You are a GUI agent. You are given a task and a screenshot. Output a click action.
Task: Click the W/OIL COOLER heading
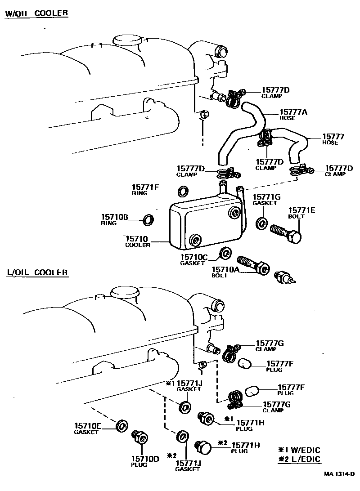tap(36, 13)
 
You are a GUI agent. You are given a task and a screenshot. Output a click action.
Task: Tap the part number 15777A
tap(294, 112)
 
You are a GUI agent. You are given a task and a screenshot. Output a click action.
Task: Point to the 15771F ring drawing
tap(184, 192)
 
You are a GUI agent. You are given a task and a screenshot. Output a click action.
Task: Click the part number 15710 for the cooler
tap(137, 239)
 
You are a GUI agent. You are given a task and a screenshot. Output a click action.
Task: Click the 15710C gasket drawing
tap(225, 253)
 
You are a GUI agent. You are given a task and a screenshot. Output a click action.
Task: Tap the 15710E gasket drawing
tap(121, 425)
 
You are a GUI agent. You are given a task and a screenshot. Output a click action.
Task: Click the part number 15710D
tap(145, 459)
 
